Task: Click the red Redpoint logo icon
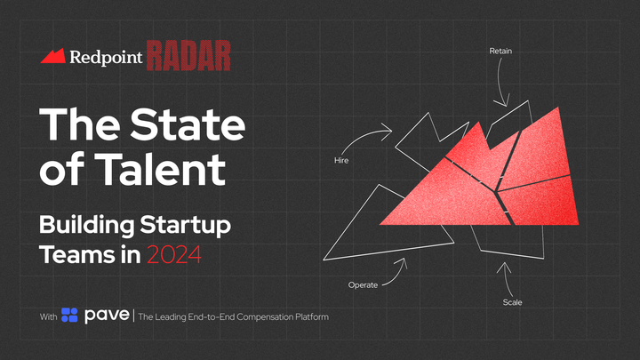click(52, 56)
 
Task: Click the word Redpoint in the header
click(105, 57)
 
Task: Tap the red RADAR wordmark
click(188, 55)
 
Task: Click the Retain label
click(500, 51)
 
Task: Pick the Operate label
click(363, 284)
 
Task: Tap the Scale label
click(512, 302)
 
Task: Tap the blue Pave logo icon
click(69, 316)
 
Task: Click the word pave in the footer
click(107, 316)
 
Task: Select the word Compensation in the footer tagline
click(264, 316)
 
